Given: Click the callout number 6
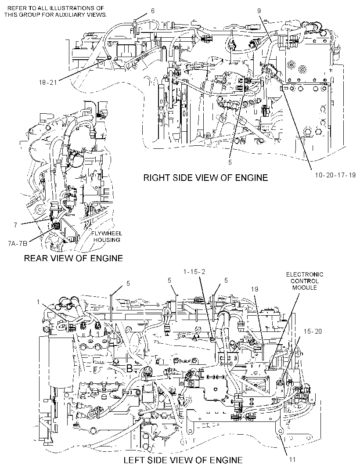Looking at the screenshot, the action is (x=153, y=11).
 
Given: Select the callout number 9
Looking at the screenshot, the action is (x=259, y=11).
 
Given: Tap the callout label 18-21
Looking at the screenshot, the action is (x=48, y=83).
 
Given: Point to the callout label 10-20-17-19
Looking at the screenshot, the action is (x=335, y=175).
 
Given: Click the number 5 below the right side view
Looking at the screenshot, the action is (x=230, y=163).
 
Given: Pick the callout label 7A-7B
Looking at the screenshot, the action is (x=18, y=244).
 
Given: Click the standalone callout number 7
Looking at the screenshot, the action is (x=15, y=225).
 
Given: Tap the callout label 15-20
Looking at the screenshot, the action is (x=313, y=331).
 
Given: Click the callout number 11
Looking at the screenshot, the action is (x=293, y=459).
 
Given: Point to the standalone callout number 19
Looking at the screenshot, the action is (x=254, y=289).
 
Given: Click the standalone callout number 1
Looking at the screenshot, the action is (x=38, y=302).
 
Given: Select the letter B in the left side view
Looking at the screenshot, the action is (x=129, y=369).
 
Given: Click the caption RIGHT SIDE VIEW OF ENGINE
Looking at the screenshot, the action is (x=205, y=178).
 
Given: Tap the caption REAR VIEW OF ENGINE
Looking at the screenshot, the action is (x=73, y=258).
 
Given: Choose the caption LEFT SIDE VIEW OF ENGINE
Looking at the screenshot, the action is (x=183, y=460).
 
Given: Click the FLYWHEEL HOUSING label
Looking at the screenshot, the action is (x=107, y=237).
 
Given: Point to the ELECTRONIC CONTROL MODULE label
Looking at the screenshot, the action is (x=305, y=281).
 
